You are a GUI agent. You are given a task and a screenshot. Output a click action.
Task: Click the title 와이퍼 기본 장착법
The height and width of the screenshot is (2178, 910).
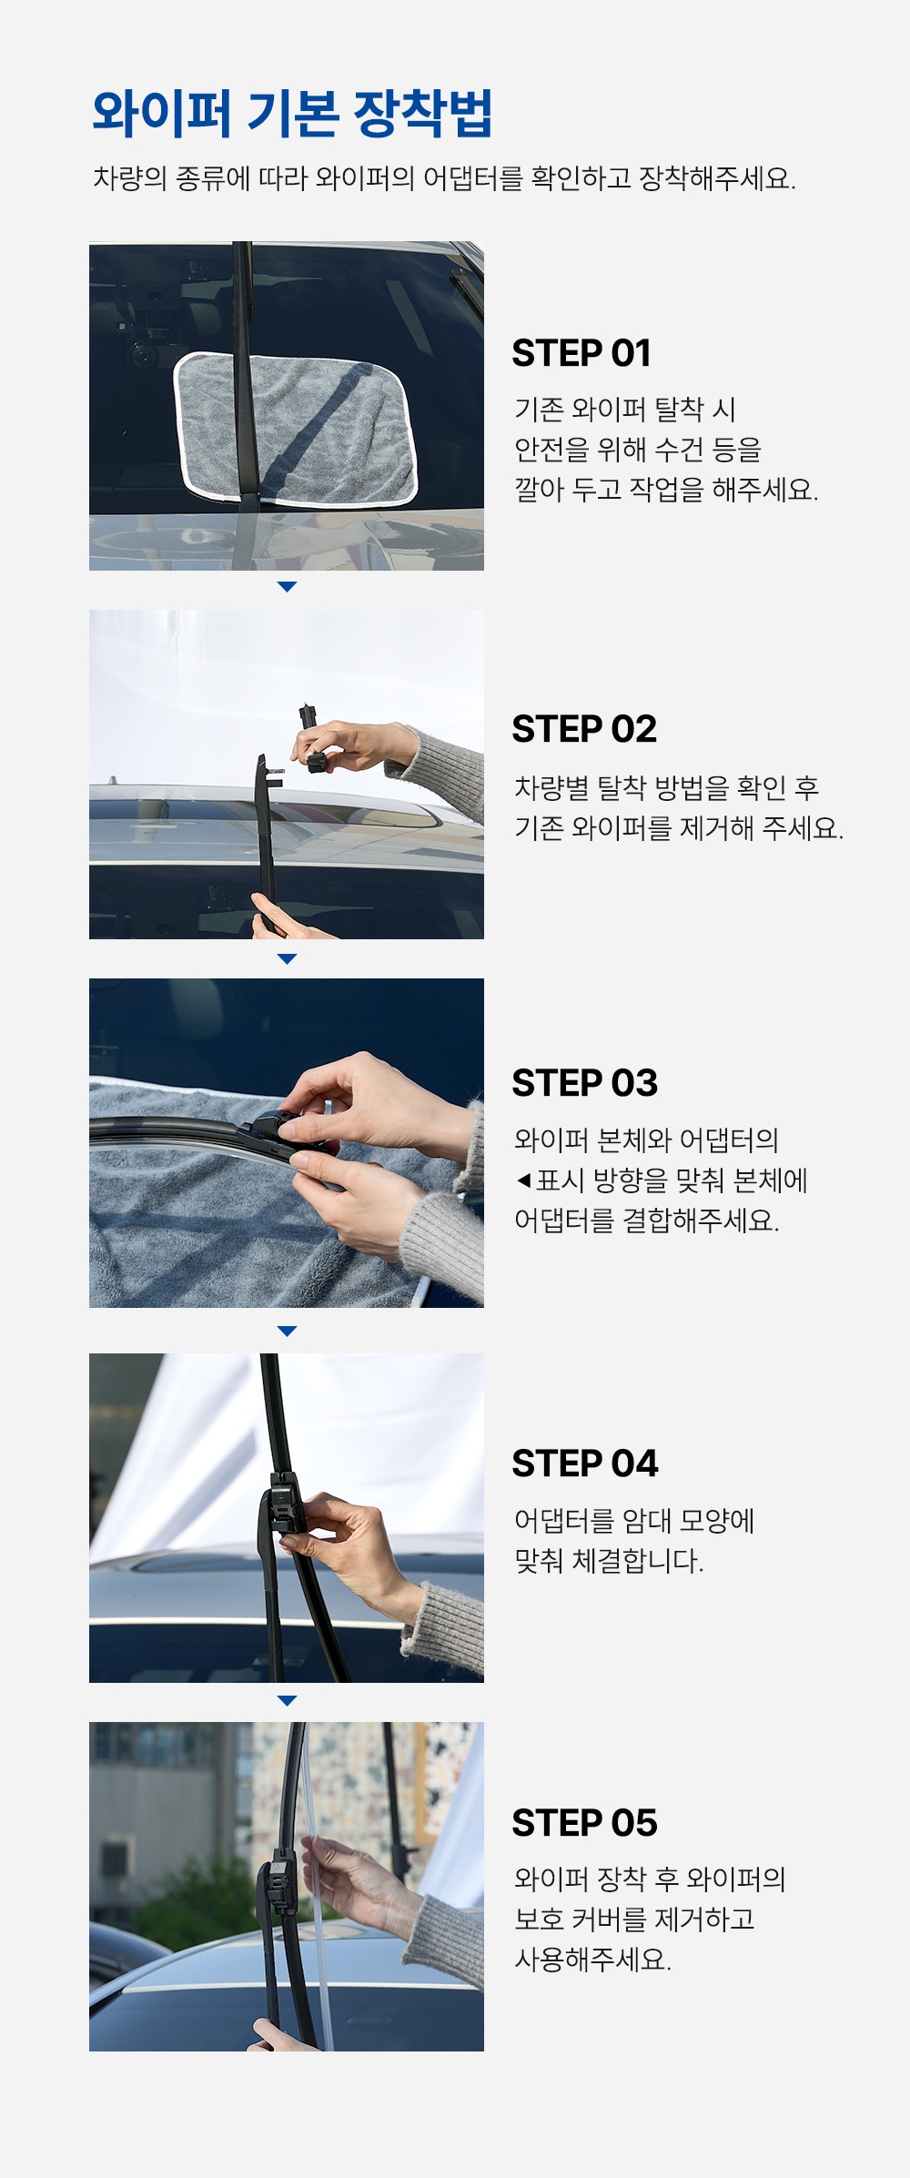[x=292, y=115]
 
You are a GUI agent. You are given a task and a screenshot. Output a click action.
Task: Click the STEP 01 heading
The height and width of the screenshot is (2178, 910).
[x=581, y=353]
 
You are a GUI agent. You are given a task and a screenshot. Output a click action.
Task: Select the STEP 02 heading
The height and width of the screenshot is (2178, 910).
[x=584, y=729]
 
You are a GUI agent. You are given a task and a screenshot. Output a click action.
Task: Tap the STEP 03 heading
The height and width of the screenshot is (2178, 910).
[x=584, y=1083]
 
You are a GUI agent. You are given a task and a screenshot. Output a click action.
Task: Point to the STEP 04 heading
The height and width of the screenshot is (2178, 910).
[x=585, y=1464]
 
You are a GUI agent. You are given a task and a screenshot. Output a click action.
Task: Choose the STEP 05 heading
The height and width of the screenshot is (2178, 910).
[x=584, y=1823]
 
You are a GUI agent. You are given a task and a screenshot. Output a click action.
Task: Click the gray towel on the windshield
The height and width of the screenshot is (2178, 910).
[x=295, y=428]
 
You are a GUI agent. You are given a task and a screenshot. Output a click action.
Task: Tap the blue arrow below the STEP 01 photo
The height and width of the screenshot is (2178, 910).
[x=287, y=587]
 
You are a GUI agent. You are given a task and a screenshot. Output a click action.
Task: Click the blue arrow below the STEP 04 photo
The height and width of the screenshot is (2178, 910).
[x=287, y=1700]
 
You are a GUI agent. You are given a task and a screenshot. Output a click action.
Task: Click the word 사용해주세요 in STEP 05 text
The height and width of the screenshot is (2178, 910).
[x=593, y=1960]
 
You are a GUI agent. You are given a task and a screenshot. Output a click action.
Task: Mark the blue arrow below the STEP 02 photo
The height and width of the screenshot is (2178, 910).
[x=287, y=959]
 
